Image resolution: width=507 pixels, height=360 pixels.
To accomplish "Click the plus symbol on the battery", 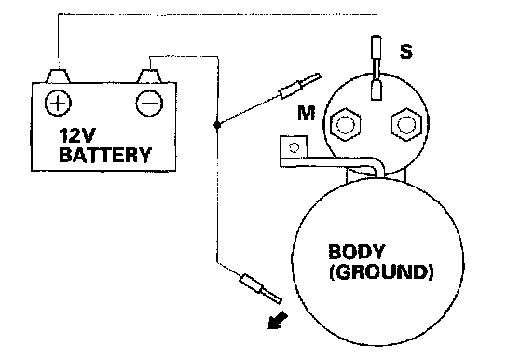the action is [58, 104].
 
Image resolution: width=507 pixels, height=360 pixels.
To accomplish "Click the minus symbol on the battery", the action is [149, 104].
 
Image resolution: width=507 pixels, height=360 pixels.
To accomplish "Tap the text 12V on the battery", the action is [77, 136].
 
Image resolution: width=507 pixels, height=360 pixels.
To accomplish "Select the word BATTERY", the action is [105, 155].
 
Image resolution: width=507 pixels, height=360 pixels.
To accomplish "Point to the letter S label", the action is [406, 51].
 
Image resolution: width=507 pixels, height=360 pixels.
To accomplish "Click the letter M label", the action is [307, 113].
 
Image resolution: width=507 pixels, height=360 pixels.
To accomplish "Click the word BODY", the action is [357, 252].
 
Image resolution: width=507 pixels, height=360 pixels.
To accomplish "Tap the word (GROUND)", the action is [381, 272].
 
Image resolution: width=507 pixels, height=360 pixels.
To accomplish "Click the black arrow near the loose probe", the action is [278, 320].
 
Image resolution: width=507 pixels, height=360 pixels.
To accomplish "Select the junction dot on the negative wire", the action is [217, 125].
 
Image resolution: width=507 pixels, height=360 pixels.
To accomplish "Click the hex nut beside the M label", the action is [346, 125].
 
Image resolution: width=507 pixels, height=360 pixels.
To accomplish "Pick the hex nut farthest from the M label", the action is [406, 125].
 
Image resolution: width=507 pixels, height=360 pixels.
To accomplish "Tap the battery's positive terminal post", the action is [58, 76].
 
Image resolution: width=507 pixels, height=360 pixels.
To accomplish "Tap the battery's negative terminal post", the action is [149, 76].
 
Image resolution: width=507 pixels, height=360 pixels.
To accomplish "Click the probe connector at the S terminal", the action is [376, 67].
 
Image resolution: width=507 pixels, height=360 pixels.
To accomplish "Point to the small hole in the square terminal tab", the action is [294, 147].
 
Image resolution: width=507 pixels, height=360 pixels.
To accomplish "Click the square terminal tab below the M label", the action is [294, 147].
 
